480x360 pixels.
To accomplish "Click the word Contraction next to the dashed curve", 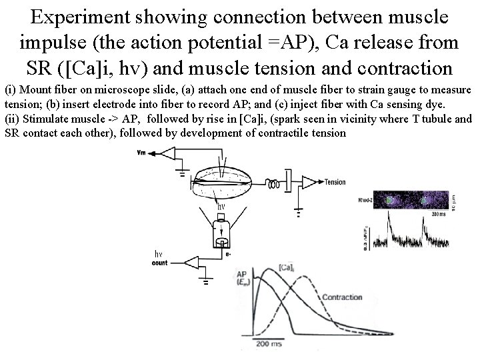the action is [x=342, y=297].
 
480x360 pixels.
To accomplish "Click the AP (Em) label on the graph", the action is [x=245, y=279].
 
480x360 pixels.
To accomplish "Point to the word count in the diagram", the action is [x=160, y=263].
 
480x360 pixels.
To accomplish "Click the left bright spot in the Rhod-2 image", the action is [x=389, y=199].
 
